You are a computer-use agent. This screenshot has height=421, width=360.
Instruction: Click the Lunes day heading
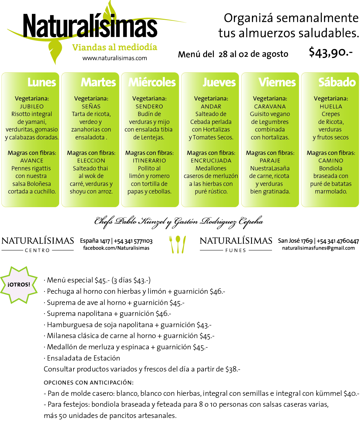42,82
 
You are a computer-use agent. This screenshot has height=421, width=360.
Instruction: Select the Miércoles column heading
152,82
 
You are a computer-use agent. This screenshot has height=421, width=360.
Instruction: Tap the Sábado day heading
337,82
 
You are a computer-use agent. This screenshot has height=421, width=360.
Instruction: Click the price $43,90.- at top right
331,52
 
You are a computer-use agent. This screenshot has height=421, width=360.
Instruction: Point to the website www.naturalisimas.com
115,58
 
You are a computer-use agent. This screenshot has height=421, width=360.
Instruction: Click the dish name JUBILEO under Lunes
32,107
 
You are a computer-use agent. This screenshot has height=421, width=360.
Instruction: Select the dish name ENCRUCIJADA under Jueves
211,161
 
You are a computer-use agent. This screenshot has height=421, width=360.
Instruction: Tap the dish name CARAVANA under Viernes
270,107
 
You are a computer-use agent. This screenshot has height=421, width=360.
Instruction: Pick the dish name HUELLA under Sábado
331,107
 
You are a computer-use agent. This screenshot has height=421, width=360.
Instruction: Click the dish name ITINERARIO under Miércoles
149,161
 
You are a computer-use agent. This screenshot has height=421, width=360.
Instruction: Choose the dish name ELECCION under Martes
91,161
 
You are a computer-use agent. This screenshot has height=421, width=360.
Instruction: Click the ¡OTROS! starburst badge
19,285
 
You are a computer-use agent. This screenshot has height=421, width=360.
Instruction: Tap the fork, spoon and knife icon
177,244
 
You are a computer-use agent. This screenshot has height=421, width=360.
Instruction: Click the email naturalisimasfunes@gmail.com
318,248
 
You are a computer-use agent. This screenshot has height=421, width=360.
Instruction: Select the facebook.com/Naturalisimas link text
116,248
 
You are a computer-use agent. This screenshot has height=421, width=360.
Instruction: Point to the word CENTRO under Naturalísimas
37,250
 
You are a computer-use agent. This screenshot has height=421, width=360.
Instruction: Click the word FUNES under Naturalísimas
236,250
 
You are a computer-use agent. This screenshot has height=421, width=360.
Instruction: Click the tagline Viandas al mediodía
115,48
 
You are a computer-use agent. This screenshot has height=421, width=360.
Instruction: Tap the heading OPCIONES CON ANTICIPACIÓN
89,382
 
